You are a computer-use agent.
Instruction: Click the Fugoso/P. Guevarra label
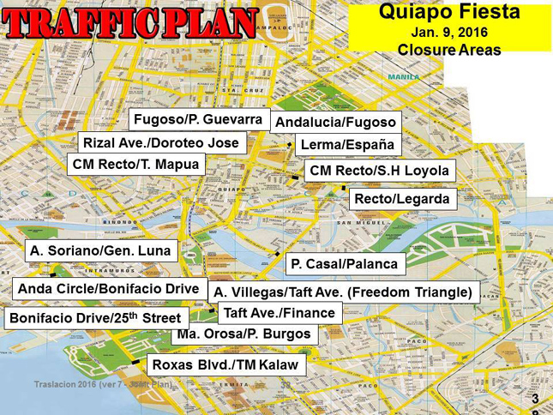pyautogui.click(x=199, y=118)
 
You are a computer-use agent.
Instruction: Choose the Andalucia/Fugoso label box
pyautogui.click(x=335, y=123)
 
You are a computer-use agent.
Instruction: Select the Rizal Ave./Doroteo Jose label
pyautogui.click(x=162, y=141)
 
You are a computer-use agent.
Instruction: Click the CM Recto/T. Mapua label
pyautogui.click(x=136, y=163)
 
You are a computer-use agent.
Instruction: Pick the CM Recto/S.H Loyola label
pyautogui.click(x=379, y=171)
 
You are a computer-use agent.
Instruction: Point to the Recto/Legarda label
pyautogui.click(x=401, y=199)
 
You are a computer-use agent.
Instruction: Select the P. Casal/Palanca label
pyautogui.click(x=344, y=263)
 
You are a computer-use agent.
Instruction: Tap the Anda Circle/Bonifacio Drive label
pyautogui.click(x=108, y=289)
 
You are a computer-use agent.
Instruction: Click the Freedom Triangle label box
pyautogui.click(x=343, y=292)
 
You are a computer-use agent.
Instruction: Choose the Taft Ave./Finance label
pyautogui.click(x=279, y=313)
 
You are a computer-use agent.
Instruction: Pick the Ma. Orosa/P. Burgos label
pyautogui.click(x=243, y=334)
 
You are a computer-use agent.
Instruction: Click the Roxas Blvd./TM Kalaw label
pyautogui.click(x=225, y=365)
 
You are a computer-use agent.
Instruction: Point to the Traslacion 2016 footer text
pyautogui.click(x=102, y=383)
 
